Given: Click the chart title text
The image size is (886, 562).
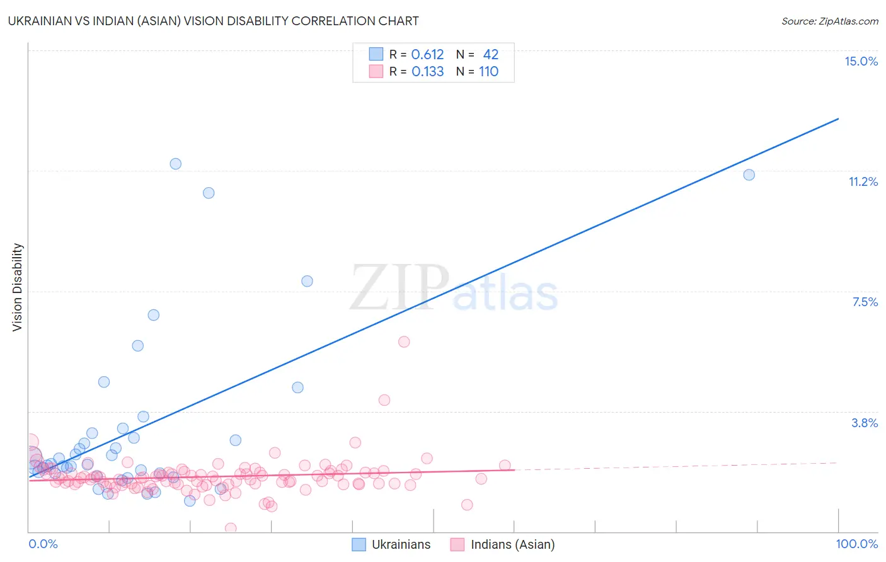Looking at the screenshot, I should [213, 21].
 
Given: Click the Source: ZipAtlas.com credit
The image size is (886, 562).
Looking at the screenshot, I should [829, 21].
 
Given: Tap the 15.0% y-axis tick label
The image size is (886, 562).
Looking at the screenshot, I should [861, 61].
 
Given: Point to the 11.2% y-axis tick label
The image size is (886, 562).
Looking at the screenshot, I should [863, 181].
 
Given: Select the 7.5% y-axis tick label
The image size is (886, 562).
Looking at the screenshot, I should [865, 302].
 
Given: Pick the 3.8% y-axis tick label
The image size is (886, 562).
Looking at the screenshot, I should [865, 423].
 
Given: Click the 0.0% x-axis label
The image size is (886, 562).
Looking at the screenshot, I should [43, 544].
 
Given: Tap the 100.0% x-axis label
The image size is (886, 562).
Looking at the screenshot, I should [856, 544].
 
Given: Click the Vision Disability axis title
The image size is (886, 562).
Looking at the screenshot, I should [18, 287].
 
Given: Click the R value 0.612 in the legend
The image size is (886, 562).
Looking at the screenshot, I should [427, 55].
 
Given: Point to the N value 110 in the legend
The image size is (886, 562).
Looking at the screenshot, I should [488, 72].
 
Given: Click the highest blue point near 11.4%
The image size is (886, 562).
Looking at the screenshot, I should [176, 164].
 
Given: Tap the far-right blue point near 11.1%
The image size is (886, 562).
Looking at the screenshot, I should [749, 175].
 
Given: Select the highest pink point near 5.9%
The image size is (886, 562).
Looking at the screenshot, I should [404, 341].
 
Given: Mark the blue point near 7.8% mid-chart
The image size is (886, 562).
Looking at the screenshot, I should [307, 281].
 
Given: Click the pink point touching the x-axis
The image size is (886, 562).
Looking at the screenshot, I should [231, 528].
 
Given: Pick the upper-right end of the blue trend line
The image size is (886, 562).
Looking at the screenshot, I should [838, 118].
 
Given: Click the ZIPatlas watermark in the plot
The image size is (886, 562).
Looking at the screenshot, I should [454, 288].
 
